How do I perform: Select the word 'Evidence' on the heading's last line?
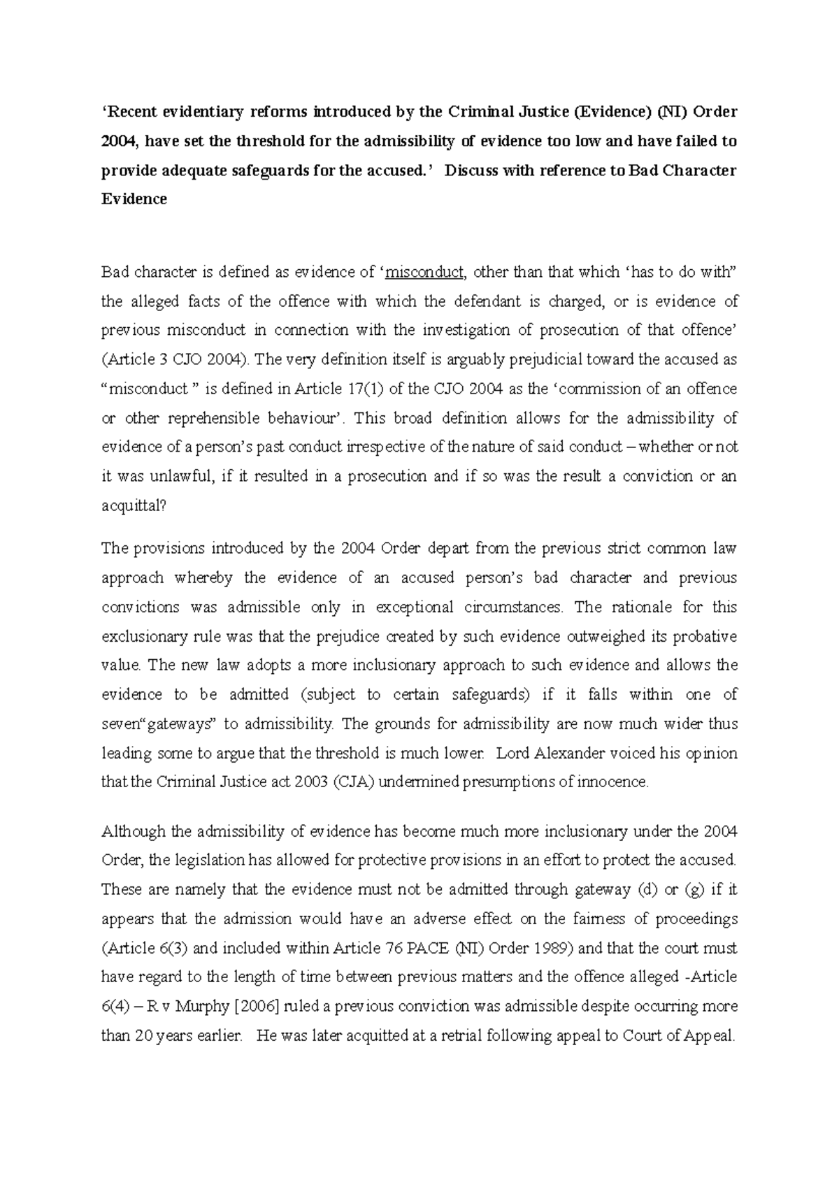pyautogui.click(x=134, y=199)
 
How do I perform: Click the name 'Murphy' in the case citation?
pyautogui.click(x=203, y=1007)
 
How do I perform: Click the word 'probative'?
pyautogui.click(x=706, y=637)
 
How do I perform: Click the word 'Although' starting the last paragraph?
pyautogui.click(x=134, y=832)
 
